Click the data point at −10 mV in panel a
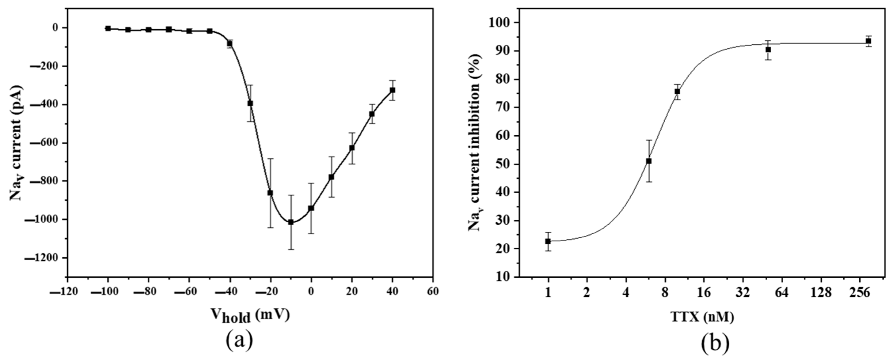click(x=291, y=222)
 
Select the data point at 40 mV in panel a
click(x=392, y=90)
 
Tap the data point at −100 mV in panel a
click(x=108, y=28)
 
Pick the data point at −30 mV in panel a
click(x=250, y=103)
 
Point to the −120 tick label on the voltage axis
click(x=64, y=292)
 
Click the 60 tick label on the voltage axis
click(x=432, y=292)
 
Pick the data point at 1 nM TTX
click(x=548, y=241)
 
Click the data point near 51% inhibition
click(x=649, y=161)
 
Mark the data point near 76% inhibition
click(x=677, y=91)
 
